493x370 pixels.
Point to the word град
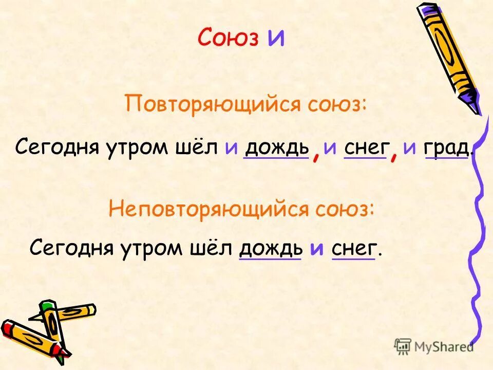pos(446,148)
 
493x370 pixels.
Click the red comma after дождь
pos(316,155)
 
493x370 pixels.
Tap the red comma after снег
pos(394,155)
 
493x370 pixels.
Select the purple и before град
pos(409,148)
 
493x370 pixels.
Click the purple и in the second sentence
pos(317,249)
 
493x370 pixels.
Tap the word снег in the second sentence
pos(354,249)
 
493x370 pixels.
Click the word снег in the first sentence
pos(365,148)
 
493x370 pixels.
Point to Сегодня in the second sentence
pos(72,249)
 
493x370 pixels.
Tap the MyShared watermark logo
pos(434,346)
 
